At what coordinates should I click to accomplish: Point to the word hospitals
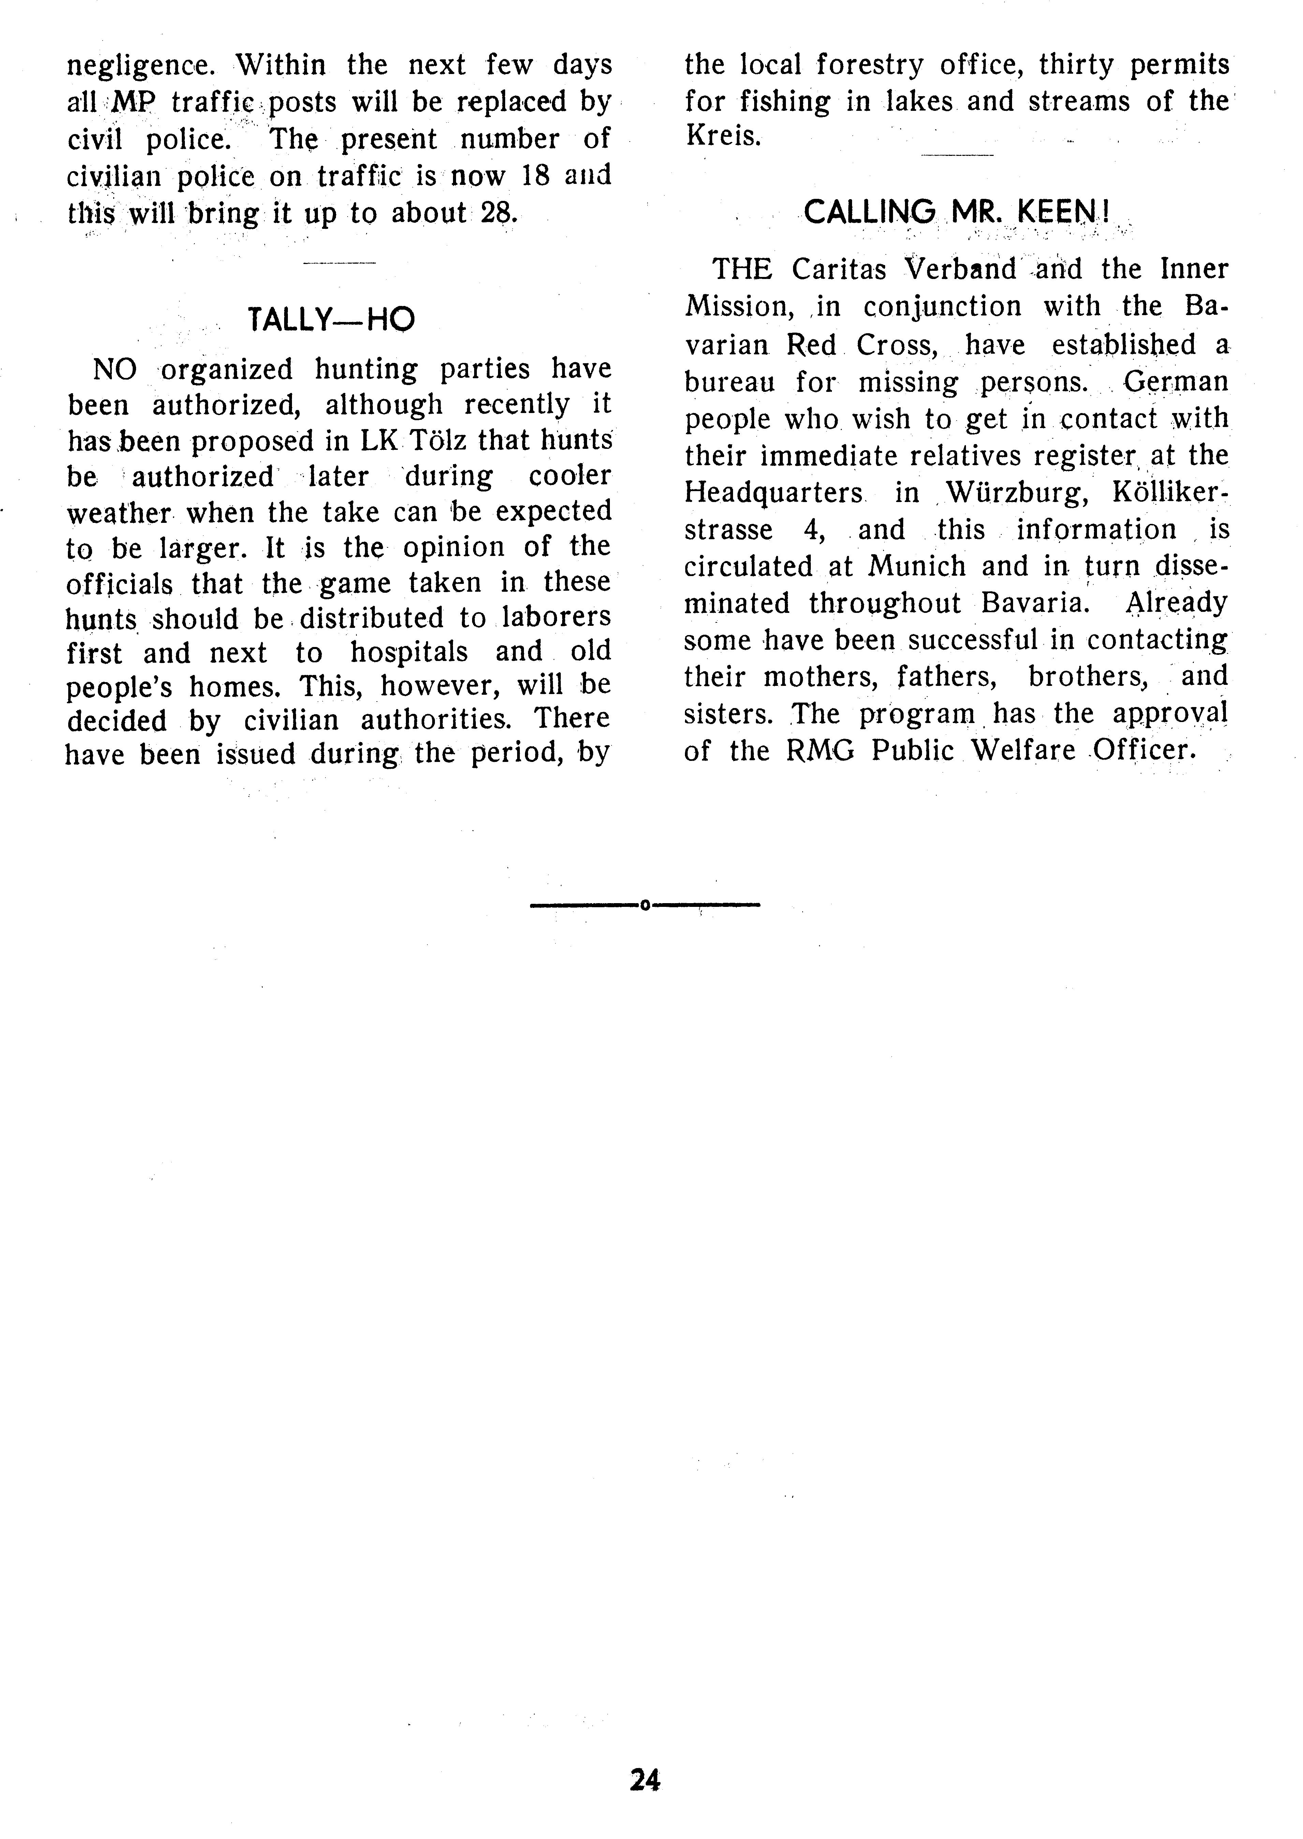[x=409, y=652]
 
